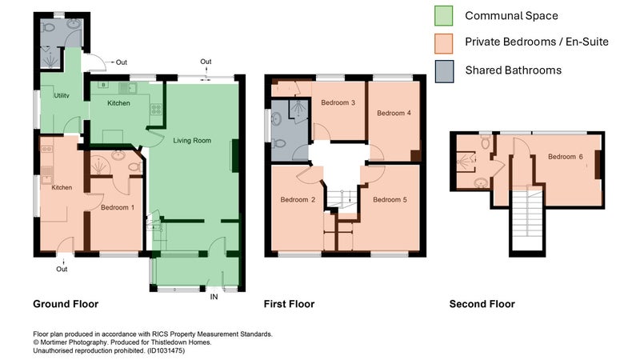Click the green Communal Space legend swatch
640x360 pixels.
tap(444, 15)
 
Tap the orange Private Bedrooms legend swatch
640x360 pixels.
tap(444, 44)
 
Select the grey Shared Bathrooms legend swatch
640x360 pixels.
tap(444, 72)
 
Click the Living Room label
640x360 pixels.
tap(192, 141)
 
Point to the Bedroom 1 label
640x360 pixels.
tap(118, 207)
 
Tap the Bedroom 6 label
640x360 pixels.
tap(566, 157)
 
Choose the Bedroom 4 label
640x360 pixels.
tap(394, 113)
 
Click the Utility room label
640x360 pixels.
tap(62, 95)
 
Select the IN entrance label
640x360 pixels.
tap(214, 297)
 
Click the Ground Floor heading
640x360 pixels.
tap(66, 304)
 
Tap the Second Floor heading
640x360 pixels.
tap(482, 304)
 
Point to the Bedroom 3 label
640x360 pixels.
tap(338, 102)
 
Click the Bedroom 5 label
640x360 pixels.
tap(390, 199)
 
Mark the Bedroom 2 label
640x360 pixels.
tap(298, 199)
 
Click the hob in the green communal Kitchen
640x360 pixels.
tap(156, 109)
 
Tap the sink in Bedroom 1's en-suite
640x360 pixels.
tap(118, 155)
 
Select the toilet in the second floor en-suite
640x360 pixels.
tap(486, 142)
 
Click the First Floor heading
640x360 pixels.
tap(289, 304)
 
